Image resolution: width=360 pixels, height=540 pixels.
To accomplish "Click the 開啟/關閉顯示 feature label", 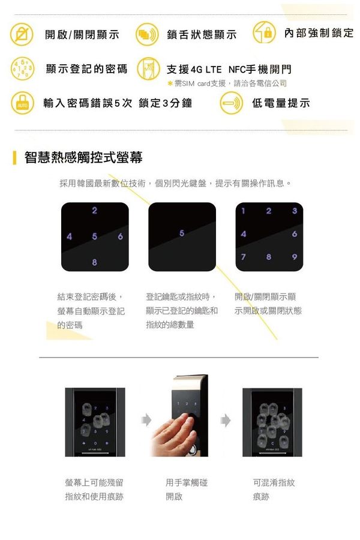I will [x=82, y=35].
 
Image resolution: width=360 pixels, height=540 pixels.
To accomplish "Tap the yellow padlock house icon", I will [x=264, y=32].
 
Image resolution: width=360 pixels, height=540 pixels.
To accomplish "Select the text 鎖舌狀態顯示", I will [x=202, y=35].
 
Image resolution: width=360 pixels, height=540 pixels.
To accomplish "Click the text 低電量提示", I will [x=281, y=103].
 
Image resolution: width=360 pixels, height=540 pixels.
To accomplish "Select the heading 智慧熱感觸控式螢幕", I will [x=83, y=158].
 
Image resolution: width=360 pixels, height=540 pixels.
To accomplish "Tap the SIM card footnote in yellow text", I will [x=227, y=83].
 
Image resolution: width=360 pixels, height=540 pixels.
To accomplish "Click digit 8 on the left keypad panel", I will [x=94, y=263].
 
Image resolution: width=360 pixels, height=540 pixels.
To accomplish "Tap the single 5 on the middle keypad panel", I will [x=181, y=233].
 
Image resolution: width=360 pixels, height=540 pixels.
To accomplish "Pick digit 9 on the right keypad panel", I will [x=294, y=257].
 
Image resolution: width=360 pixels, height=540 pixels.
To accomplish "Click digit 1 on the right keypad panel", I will [x=244, y=211].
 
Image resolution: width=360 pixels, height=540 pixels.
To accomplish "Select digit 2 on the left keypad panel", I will [x=94, y=211].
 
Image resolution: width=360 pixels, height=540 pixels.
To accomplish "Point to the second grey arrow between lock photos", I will [x=226, y=421].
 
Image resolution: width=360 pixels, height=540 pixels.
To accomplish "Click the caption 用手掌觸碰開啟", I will [x=187, y=490].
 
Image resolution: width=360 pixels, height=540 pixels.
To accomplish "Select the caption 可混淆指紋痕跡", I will [x=274, y=490].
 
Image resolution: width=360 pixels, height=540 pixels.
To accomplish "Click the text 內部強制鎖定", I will [x=319, y=32].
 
